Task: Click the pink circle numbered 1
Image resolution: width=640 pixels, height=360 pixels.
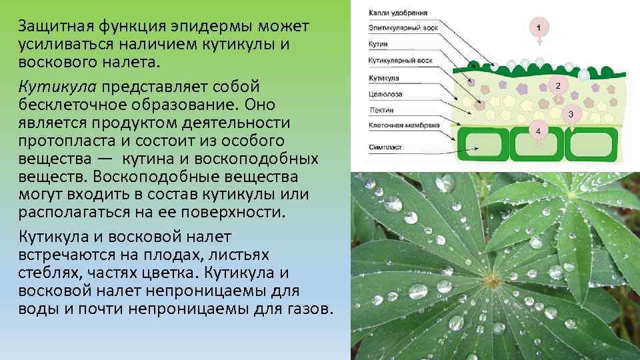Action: [539, 27]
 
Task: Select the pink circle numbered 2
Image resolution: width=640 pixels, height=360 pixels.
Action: [558, 86]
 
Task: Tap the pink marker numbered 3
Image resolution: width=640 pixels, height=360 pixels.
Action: [571, 115]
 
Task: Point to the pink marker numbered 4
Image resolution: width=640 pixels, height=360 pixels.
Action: [538, 132]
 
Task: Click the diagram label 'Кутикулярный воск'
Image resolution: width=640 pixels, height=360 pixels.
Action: [401, 61]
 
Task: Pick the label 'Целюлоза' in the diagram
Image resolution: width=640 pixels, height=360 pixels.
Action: [385, 94]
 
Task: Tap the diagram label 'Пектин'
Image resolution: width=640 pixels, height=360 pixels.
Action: [381, 109]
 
